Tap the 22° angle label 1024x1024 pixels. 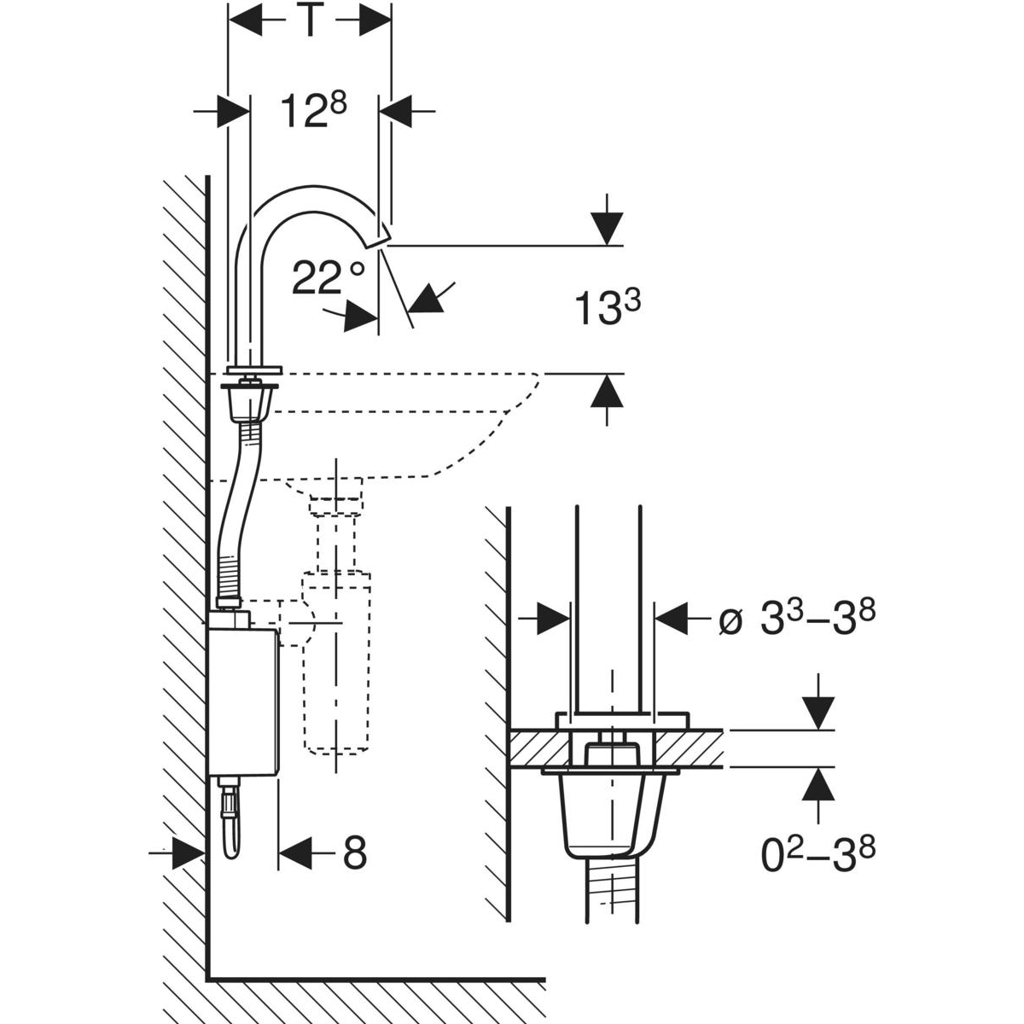tap(328, 277)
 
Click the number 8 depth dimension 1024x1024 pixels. tap(354, 852)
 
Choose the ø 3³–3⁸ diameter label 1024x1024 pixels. tap(799, 619)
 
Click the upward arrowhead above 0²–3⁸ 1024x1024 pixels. tap(818, 783)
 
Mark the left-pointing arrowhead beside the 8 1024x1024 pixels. tap(294, 852)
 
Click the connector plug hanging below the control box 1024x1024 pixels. tap(230, 819)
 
